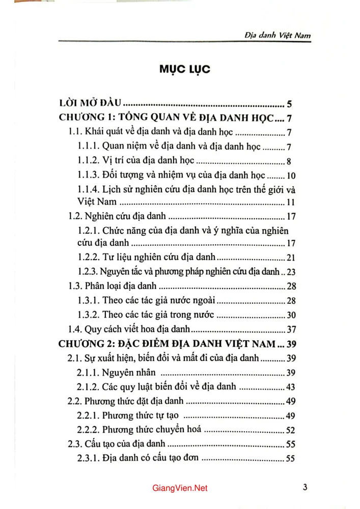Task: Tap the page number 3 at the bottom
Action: click(x=304, y=487)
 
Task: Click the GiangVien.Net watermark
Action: click(x=180, y=488)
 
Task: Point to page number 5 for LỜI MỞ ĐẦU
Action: click(x=289, y=106)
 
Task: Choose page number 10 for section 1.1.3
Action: click(x=291, y=176)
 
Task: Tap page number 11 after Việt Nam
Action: click(x=291, y=202)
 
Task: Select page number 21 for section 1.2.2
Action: click(x=291, y=257)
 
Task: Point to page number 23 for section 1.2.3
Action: click(x=291, y=271)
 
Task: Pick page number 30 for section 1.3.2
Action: click(x=291, y=314)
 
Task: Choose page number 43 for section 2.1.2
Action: click(x=291, y=386)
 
